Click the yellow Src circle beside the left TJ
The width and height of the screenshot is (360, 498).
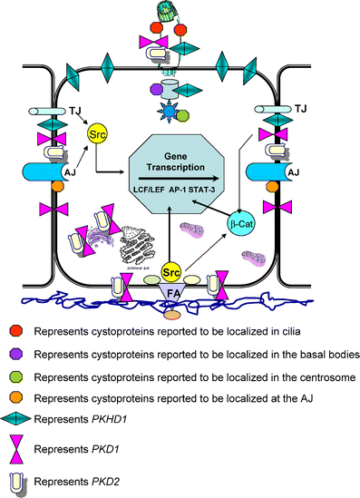pyautogui.click(x=97, y=136)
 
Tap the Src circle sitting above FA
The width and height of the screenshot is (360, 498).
pyautogui.click(x=170, y=271)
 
